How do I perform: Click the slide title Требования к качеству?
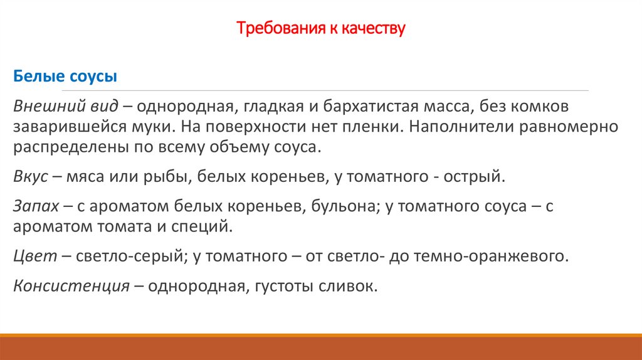pyautogui.click(x=321, y=28)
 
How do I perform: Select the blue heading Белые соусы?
pyautogui.click(x=65, y=77)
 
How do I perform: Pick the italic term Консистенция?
pyautogui.click(x=70, y=287)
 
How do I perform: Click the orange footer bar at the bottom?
pyautogui.click(x=321, y=347)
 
